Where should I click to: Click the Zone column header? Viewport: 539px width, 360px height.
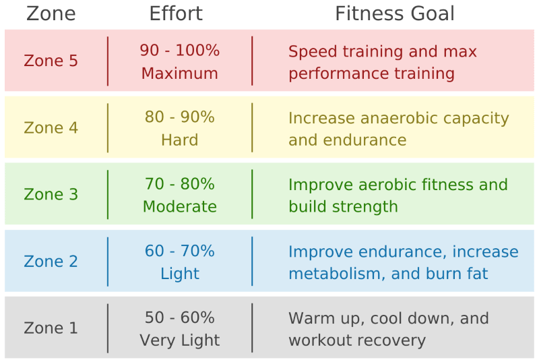51,13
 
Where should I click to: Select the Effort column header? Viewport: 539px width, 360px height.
176,13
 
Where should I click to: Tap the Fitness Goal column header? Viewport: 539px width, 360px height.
395,13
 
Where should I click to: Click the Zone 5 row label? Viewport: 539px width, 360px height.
51,61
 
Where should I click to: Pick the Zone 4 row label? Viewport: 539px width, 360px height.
51,128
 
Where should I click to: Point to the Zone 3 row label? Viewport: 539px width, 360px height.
51,195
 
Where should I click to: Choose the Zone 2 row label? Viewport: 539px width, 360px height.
51,262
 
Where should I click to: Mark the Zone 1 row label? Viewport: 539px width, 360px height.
51,328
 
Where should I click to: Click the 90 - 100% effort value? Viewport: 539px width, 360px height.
180,51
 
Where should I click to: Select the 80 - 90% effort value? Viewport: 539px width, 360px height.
180,117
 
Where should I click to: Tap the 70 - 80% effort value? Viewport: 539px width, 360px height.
180,184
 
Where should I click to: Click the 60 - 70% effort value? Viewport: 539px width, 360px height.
180,251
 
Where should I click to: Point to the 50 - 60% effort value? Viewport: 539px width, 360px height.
180,318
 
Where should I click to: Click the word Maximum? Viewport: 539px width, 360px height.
180,73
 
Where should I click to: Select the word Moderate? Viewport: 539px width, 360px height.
180,207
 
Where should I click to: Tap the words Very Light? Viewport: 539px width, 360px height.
180,340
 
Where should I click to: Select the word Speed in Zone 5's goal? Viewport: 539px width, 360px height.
311,52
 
